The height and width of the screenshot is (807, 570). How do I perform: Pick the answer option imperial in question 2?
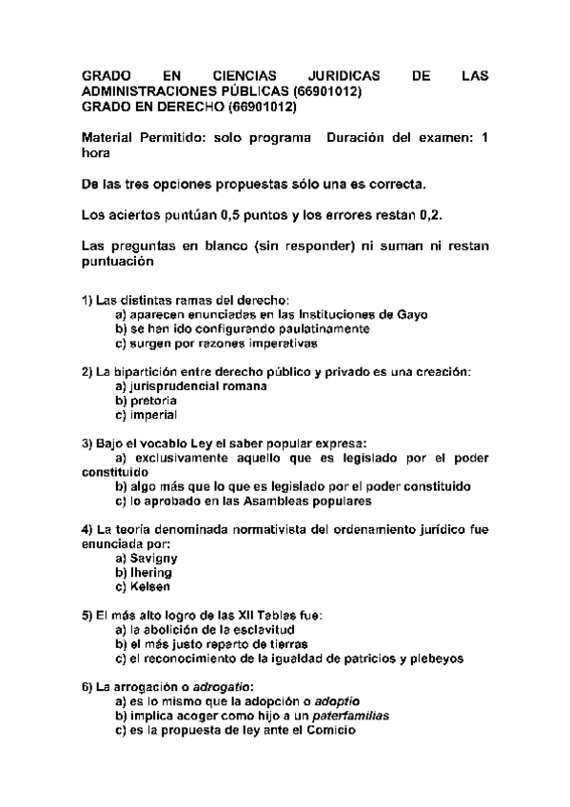152,416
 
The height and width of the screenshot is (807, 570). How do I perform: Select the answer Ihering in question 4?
150,573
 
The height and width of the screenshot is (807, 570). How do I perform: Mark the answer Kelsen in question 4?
150,587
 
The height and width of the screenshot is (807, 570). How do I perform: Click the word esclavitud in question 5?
265,629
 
